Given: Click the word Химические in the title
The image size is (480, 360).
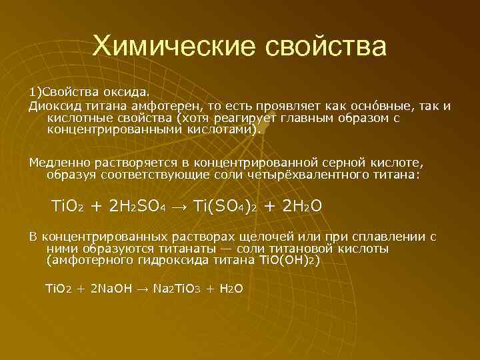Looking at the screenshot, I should (172, 47).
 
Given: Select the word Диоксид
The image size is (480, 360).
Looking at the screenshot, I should (51, 107).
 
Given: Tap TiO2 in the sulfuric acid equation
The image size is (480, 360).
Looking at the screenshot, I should (67, 206).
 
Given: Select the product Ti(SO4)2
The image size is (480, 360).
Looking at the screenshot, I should (225, 206).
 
